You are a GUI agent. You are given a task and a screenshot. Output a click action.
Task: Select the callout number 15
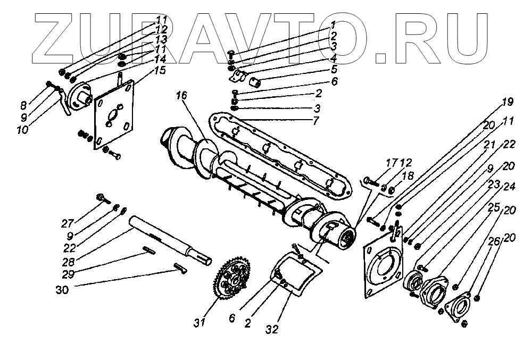[x=159, y=70]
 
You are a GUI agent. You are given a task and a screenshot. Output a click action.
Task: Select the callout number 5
[x=334, y=69]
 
